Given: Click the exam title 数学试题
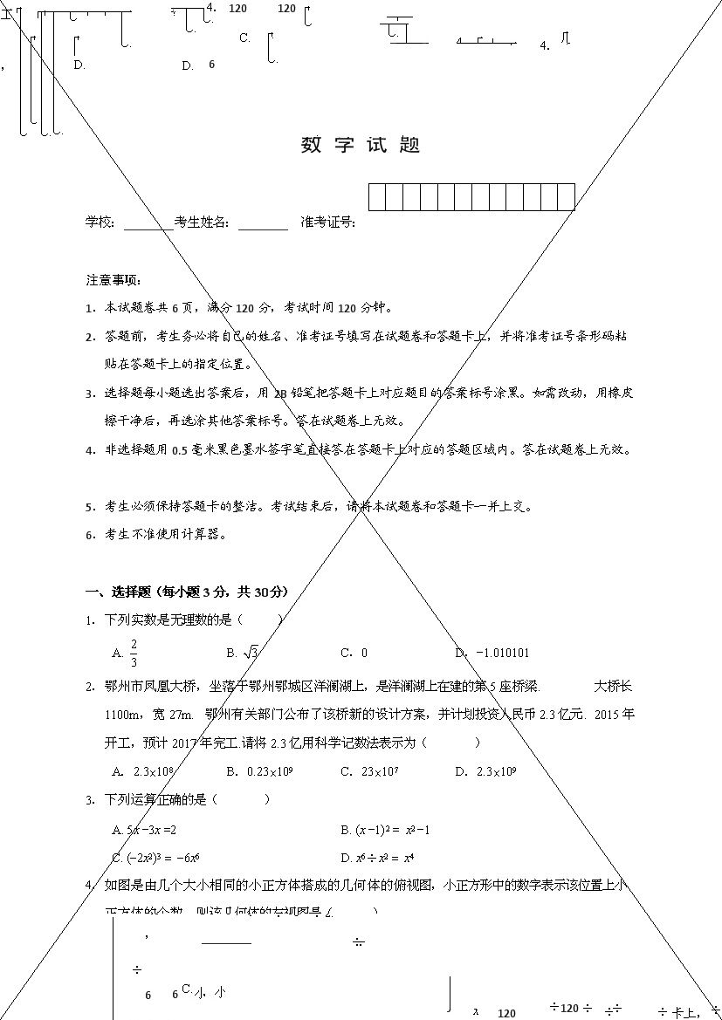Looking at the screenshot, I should [x=361, y=146].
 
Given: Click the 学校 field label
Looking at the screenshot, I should [x=100, y=222].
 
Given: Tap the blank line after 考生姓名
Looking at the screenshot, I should [x=263, y=224].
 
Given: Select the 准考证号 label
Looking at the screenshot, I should [x=327, y=222].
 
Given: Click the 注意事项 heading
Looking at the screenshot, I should [x=113, y=280].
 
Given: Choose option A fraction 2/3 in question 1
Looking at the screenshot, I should [x=127, y=652].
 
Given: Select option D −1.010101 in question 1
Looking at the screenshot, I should [x=492, y=653].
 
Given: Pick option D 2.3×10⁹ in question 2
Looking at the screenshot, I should [x=486, y=771].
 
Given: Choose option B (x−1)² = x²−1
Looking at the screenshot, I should [x=385, y=830].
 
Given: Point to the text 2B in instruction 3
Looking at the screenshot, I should [x=279, y=394].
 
